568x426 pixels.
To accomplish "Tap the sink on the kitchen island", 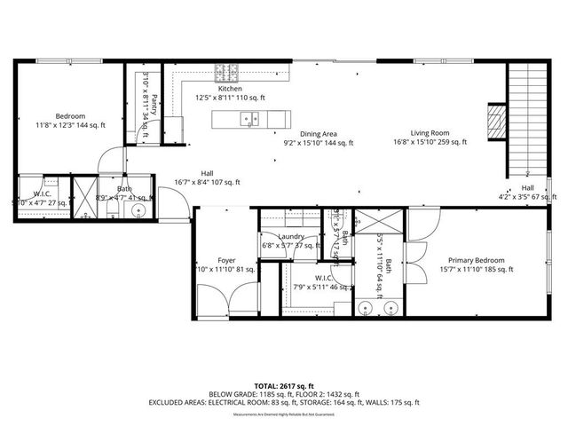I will click(x=252, y=117).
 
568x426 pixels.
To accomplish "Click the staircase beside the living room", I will click(x=526, y=120).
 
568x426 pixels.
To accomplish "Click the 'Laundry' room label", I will click(x=291, y=237).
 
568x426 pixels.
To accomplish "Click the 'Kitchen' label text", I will click(x=230, y=89).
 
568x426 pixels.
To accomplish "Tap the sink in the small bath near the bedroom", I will click(x=136, y=210).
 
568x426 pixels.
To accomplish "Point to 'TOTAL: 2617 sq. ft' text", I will click(x=284, y=386).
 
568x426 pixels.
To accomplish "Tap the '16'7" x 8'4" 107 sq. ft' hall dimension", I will click(x=207, y=183).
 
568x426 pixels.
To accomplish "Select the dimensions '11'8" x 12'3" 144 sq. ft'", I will click(x=70, y=126).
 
